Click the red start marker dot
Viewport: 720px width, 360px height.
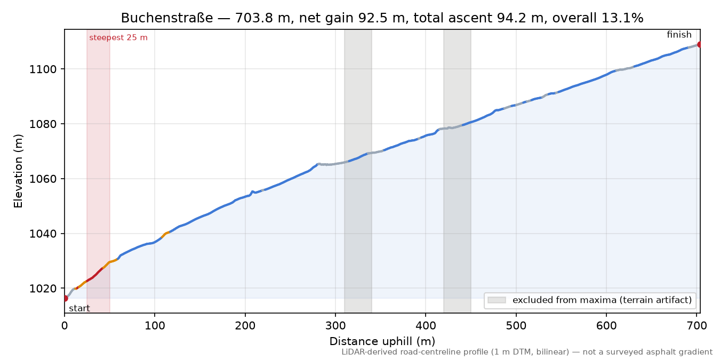pyautogui.click(x=65, y=299)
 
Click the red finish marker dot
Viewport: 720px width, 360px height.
pyautogui.click(x=699, y=44)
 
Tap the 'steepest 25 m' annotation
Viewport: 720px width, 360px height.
pyautogui.click(x=118, y=38)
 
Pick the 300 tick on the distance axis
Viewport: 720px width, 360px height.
pyautogui.click(x=335, y=326)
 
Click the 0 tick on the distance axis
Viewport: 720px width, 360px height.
pyautogui.click(x=65, y=326)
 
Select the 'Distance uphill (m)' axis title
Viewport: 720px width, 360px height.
pyautogui.click(x=382, y=341)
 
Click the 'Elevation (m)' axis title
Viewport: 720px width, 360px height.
pyautogui.click(x=18, y=171)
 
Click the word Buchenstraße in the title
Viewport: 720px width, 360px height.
pyautogui.click(x=167, y=18)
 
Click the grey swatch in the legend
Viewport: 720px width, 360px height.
pyautogui.click(x=497, y=300)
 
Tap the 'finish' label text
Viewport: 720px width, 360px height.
pyautogui.click(x=679, y=34)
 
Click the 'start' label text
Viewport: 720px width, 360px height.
pyautogui.click(x=79, y=308)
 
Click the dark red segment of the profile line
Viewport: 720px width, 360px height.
pyautogui.click(x=94, y=275)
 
